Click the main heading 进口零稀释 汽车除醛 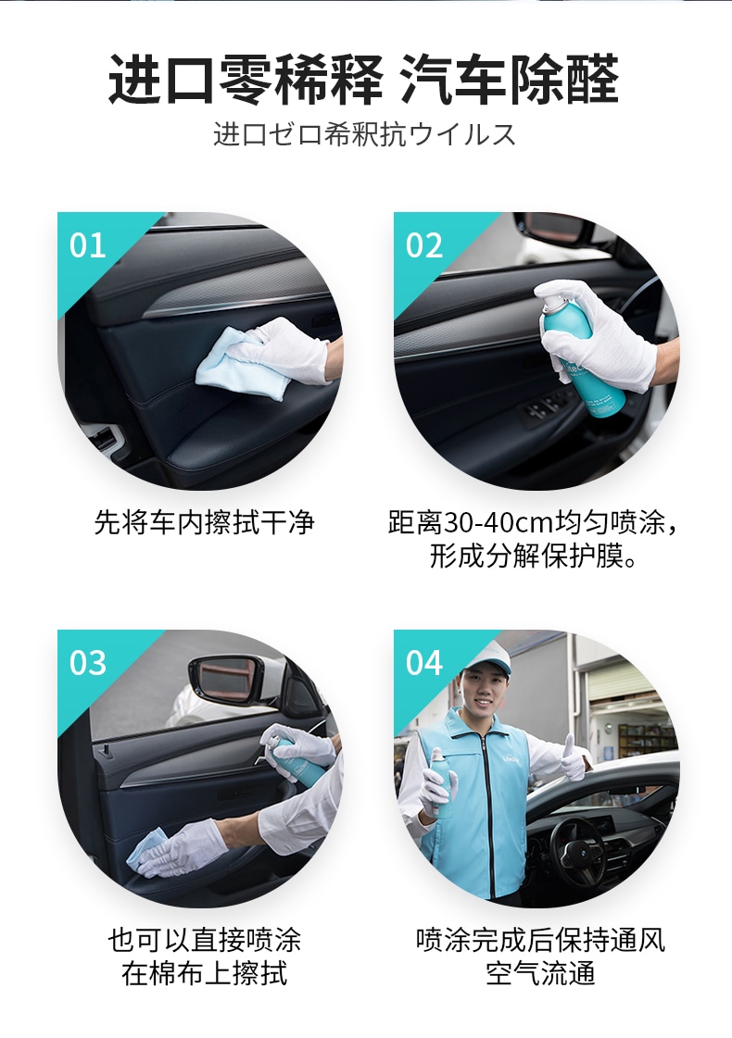363,80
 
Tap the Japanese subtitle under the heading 364,134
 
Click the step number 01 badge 87,245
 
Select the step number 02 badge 424,245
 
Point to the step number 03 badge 87,663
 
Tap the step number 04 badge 424,663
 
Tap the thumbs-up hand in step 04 574,756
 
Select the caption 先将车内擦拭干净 204,522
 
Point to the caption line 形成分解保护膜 534,556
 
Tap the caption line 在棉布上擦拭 204,973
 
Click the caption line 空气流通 540,973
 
